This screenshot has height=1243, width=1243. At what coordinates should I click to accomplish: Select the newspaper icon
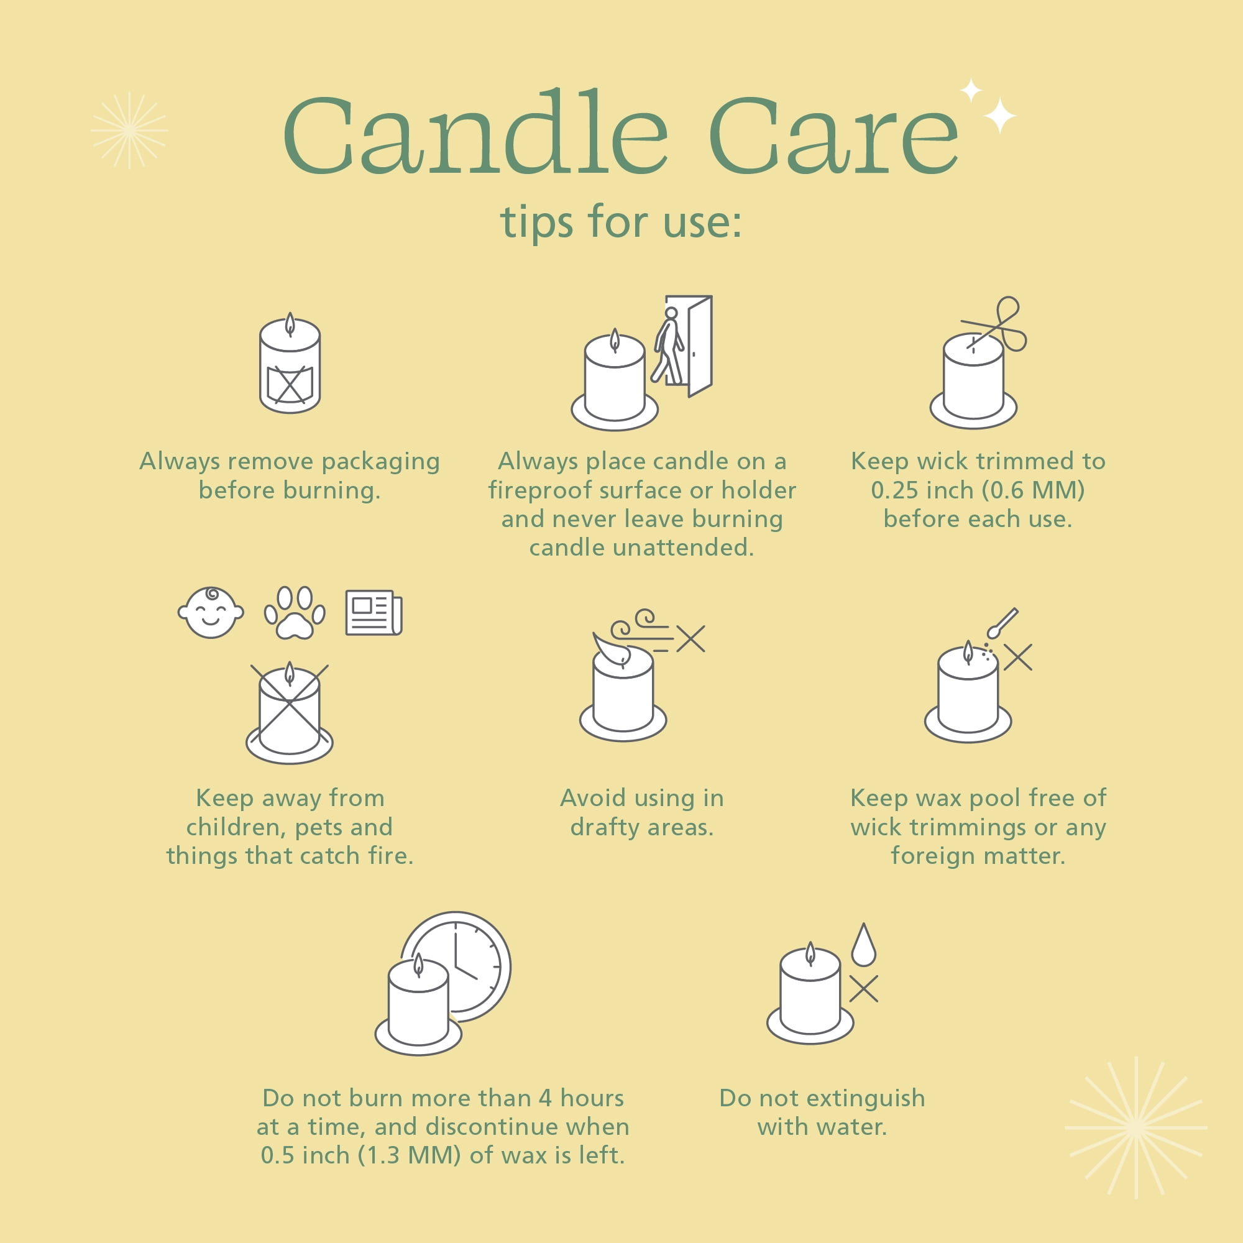[x=374, y=613]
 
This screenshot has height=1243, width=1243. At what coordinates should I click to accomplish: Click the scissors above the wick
[x=996, y=324]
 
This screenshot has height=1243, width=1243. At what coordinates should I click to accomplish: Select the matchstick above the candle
[x=1002, y=623]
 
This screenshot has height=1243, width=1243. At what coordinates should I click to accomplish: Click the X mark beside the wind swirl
[x=691, y=639]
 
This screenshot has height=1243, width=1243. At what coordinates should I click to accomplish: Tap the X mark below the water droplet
[x=863, y=989]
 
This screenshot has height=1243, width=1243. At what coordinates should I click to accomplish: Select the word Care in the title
[x=834, y=135]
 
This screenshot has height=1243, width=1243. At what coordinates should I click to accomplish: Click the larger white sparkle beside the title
[x=1000, y=116]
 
